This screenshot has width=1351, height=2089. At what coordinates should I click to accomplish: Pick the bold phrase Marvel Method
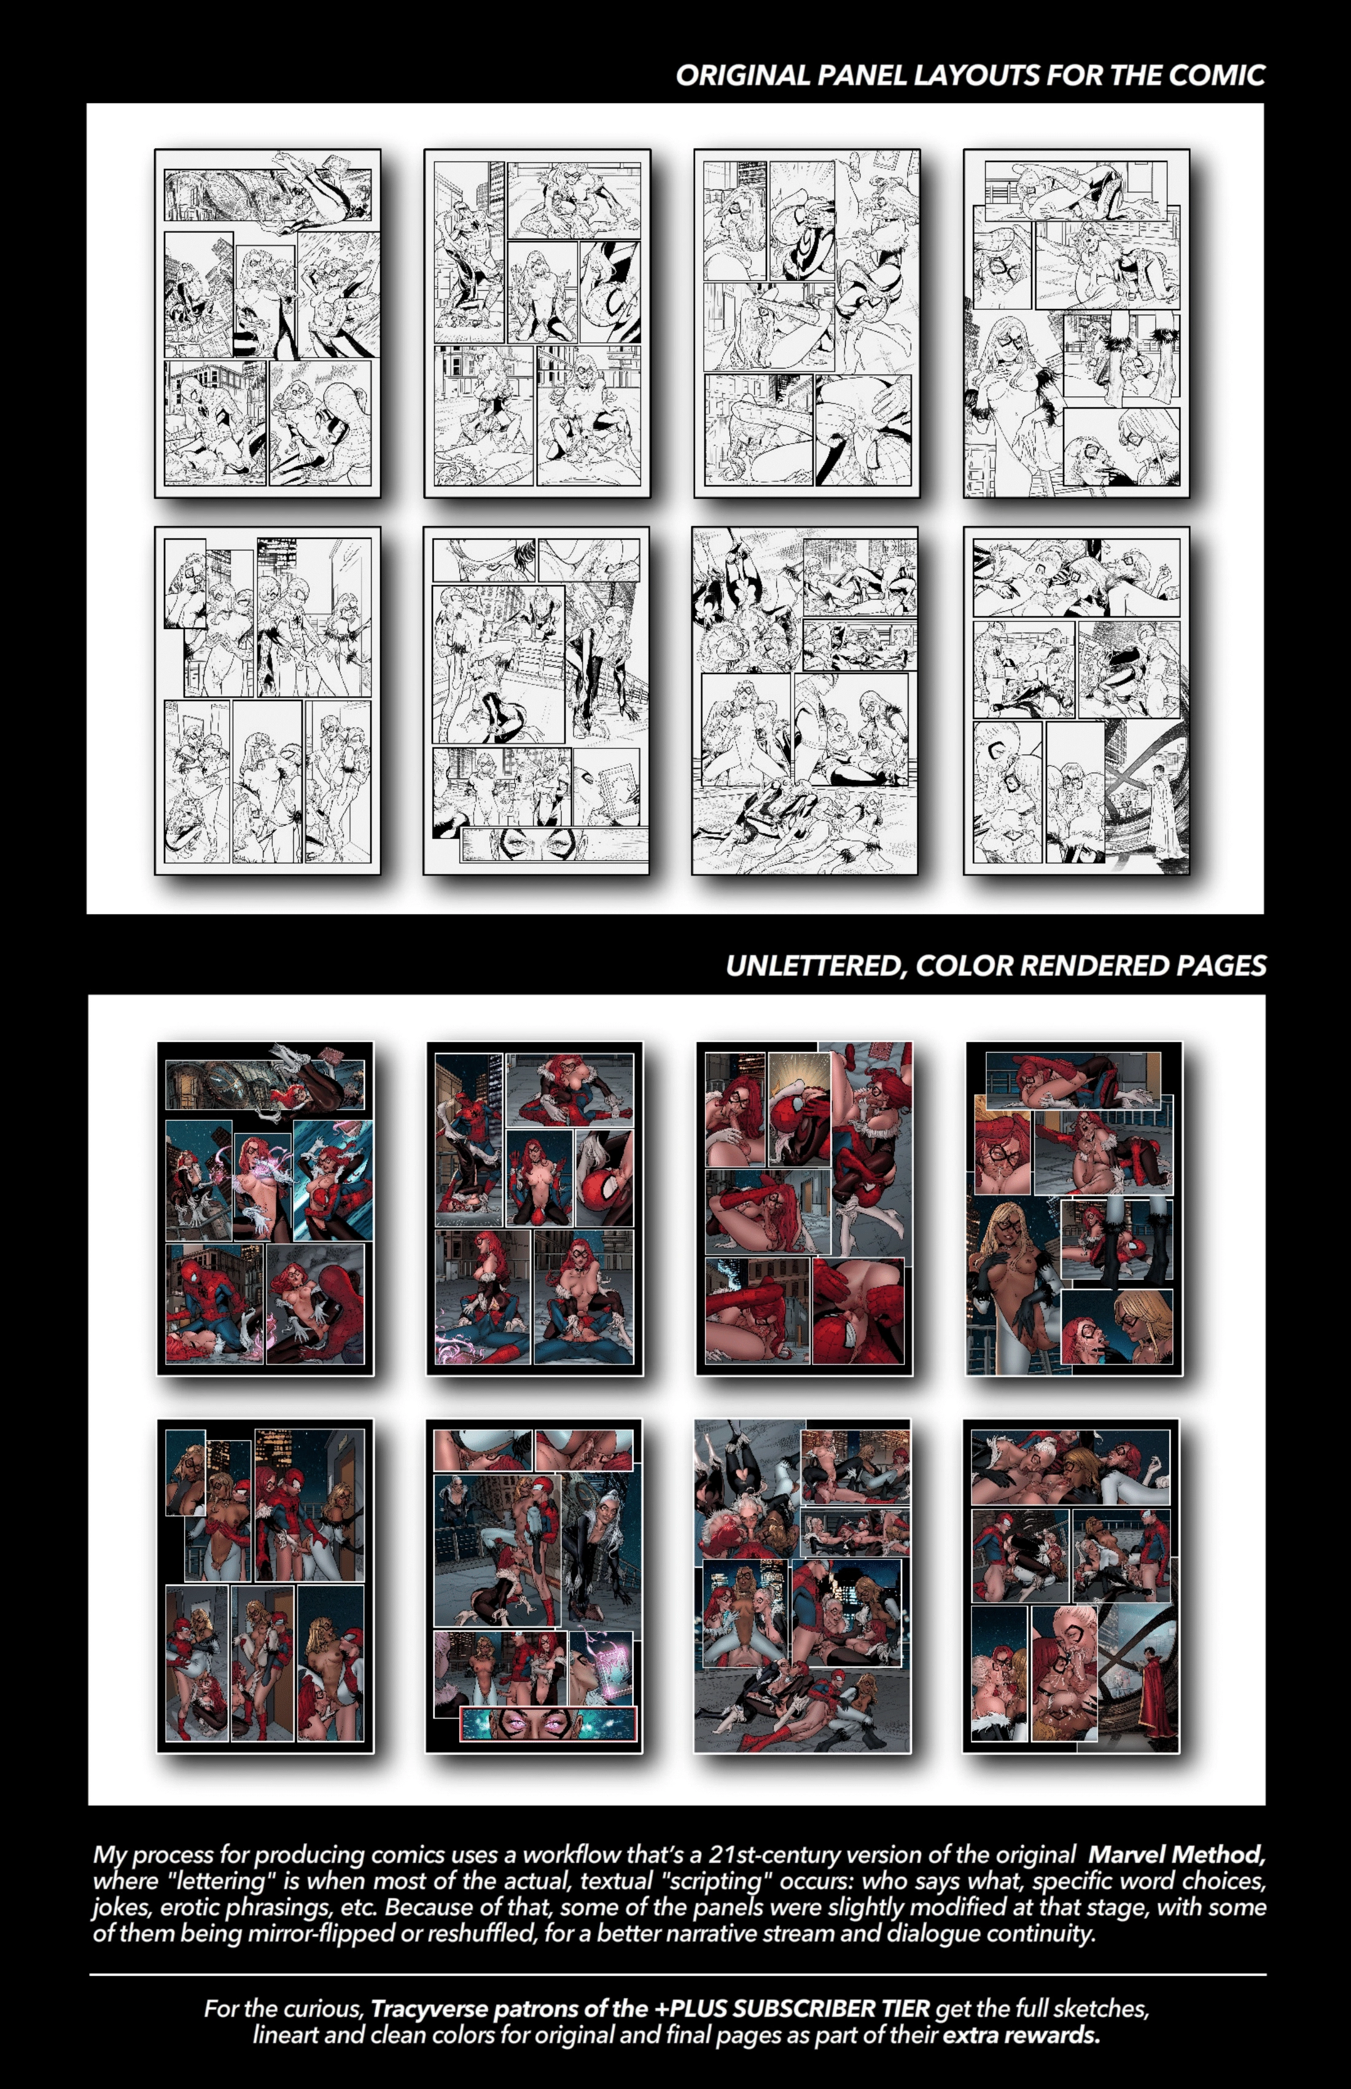1175,1855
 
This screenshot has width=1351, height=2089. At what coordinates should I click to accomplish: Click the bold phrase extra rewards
1021,2036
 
